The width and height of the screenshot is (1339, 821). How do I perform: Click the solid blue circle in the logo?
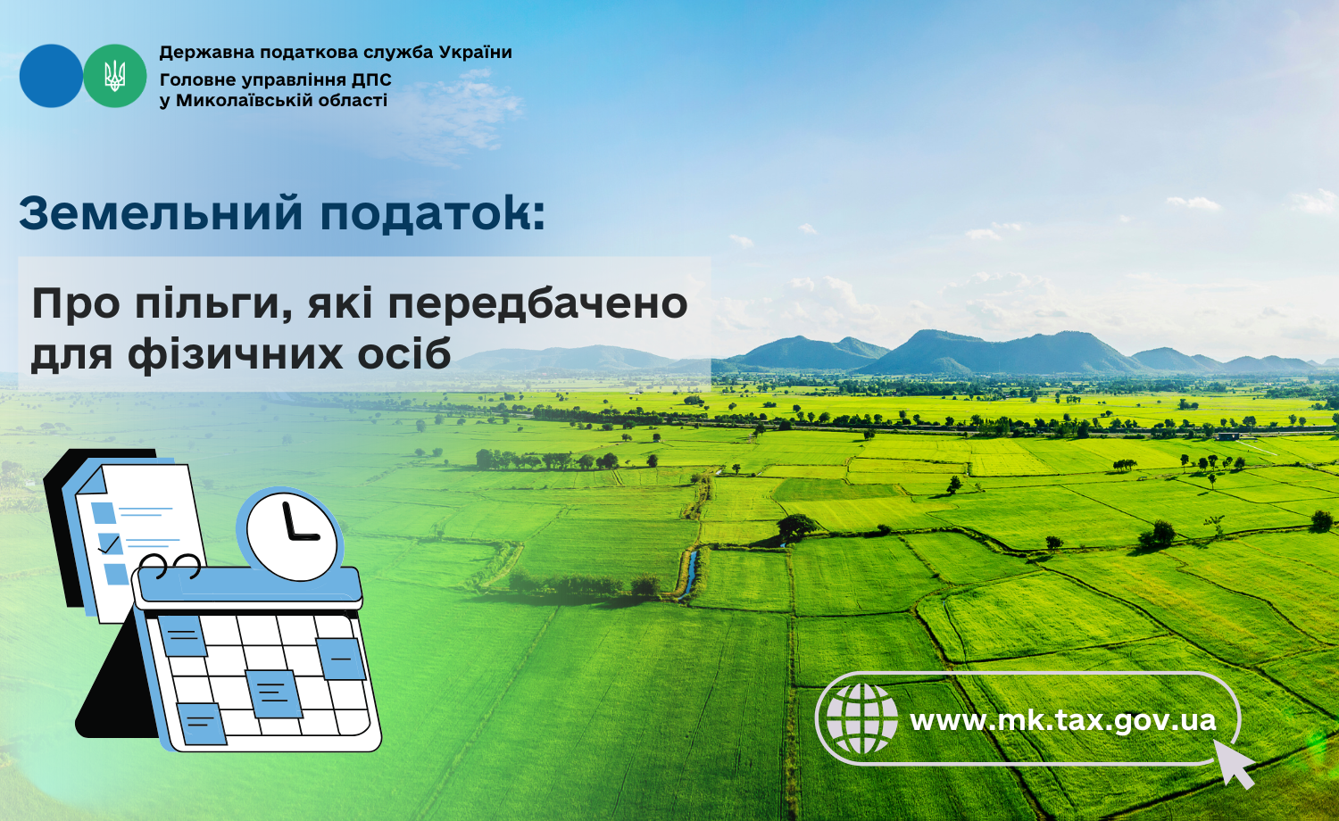(51, 76)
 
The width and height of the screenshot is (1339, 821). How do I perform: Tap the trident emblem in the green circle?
(115, 76)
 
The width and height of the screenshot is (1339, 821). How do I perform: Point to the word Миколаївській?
(244, 100)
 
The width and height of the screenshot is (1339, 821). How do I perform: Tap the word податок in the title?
(424, 213)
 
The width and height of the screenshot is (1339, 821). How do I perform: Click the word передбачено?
(538, 303)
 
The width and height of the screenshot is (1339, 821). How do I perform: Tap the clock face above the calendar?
(291, 535)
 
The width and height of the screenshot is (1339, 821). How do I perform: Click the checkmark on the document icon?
(110, 543)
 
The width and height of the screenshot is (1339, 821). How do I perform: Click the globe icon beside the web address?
(861, 719)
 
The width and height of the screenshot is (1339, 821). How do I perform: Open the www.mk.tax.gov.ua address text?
(1063, 720)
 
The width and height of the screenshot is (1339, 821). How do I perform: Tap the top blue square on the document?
(103, 512)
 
